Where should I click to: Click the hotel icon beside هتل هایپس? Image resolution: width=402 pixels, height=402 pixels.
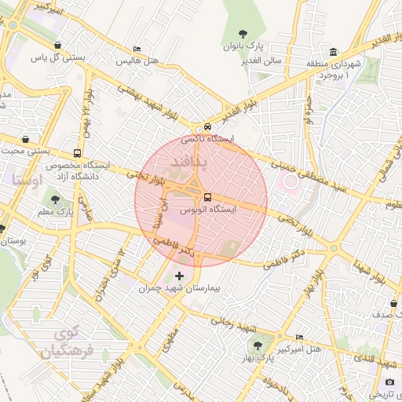pos(138,49)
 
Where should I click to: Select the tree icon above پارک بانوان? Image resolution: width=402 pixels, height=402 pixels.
pos(243,33)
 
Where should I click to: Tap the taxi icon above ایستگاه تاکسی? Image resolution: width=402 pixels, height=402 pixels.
pos(207,126)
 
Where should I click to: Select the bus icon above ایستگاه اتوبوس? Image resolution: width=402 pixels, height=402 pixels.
pos(207,197)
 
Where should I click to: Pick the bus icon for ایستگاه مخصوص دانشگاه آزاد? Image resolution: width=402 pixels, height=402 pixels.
pos(77,153)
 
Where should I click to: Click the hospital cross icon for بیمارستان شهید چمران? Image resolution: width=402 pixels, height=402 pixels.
pos(181,276)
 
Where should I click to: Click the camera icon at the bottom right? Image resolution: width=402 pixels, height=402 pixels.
pos(390,382)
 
